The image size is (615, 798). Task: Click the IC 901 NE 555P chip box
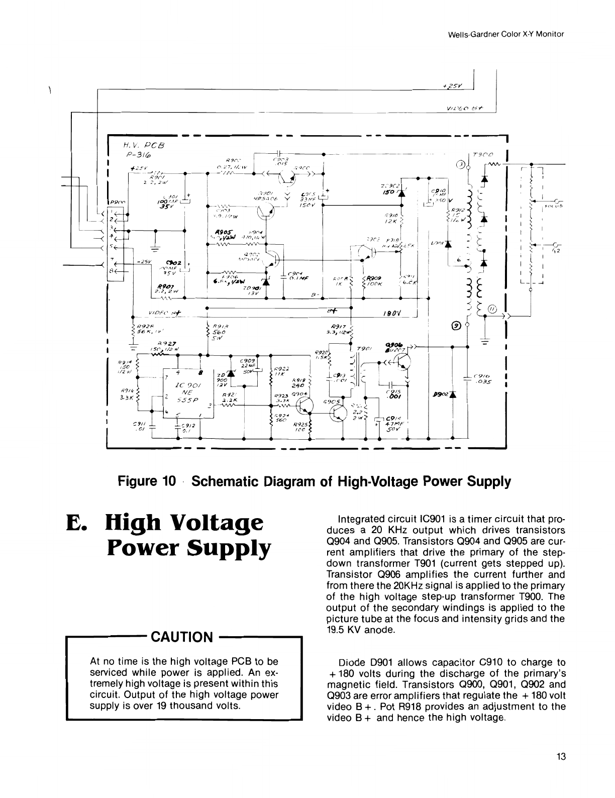click(x=189, y=392)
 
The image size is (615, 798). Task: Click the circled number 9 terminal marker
click(x=457, y=325)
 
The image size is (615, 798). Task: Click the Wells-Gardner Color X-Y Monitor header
click(x=506, y=34)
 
